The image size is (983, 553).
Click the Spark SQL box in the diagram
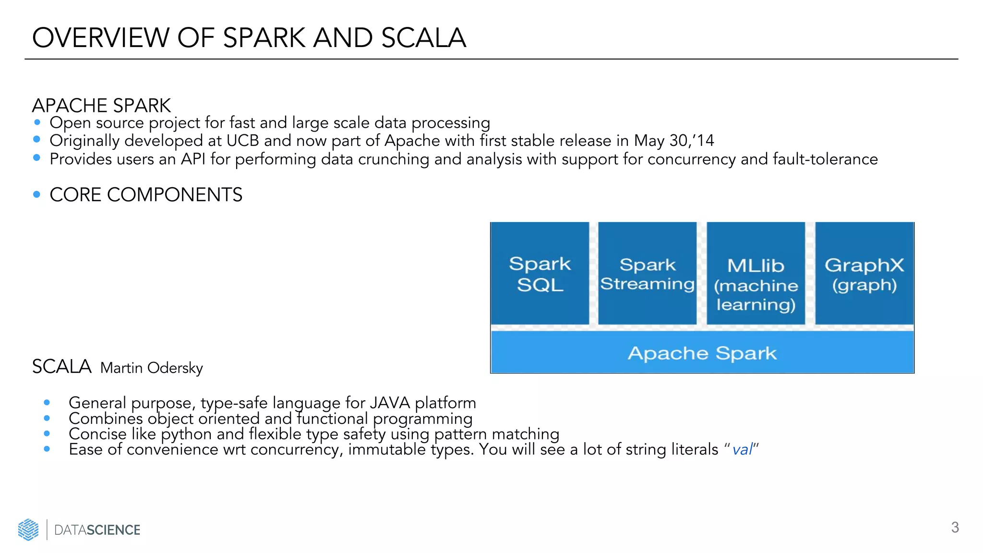tap(540, 274)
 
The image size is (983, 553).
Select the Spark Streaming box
tap(647, 274)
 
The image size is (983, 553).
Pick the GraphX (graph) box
tap(864, 274)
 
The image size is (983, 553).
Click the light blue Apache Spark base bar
tap(702, 353)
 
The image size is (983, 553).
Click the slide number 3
tap(955, 527)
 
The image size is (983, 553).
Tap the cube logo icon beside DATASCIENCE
tap(28, 529)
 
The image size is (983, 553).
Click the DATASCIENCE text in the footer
tap(97, 530)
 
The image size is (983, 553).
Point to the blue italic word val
tap(742, 450)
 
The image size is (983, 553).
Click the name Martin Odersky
tap(151, 368)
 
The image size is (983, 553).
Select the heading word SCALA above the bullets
tap(61, 367)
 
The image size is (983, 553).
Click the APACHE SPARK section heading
tap(101, 105)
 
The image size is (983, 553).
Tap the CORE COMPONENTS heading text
tap(146, 194)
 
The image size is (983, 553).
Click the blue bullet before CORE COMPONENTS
tap(37, 194)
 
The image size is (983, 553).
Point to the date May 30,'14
tap(674, 141)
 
